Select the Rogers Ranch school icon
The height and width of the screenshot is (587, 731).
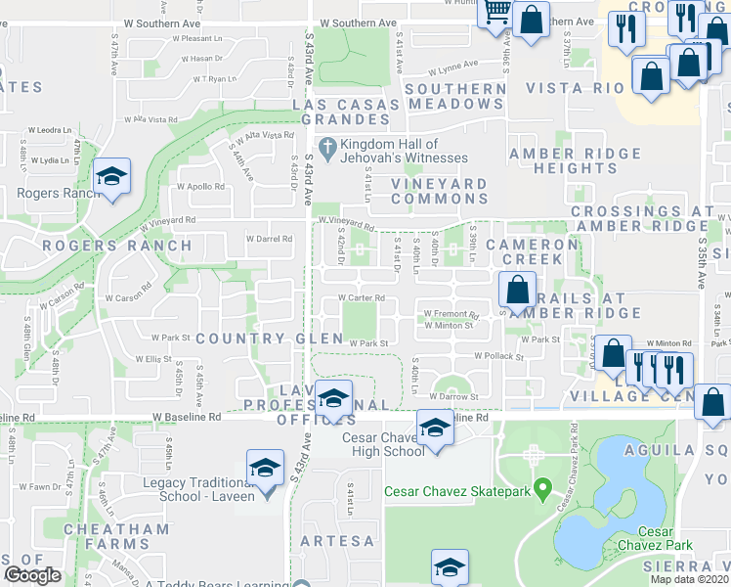[112, 177]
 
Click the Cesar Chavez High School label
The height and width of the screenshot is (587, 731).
[383, 443]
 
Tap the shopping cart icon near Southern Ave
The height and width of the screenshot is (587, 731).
[497, 13]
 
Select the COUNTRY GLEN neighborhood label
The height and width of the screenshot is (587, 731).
[269, 339]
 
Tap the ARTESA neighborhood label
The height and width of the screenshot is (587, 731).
[336, 540]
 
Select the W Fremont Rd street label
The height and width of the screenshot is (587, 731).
[450, 314]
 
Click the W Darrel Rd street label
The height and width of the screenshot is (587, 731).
[269, 238]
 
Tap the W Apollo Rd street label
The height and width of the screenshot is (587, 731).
[200, 186]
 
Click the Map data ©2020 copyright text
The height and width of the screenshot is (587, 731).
[690, 579]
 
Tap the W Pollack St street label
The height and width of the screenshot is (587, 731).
[498, 357]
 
